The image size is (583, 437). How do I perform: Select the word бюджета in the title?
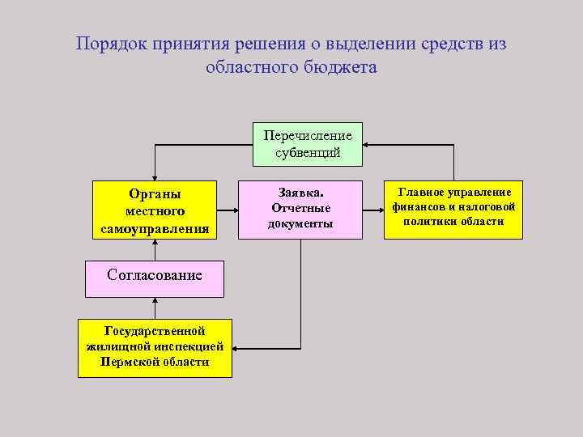(339, 68)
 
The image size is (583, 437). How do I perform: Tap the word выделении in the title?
(365, 45)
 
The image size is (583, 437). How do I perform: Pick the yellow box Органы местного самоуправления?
(155, 210)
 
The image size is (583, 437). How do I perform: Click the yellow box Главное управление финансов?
(453, 210)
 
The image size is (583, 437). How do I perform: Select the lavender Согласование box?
(154, 275)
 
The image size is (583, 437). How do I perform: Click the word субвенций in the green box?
(307, 151)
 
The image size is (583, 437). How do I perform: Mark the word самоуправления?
(155, 229)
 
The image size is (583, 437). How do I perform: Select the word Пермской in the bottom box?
(128, 362)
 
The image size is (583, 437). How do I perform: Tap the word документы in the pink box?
(300, 223)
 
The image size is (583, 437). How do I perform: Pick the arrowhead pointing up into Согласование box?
(154, 299)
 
